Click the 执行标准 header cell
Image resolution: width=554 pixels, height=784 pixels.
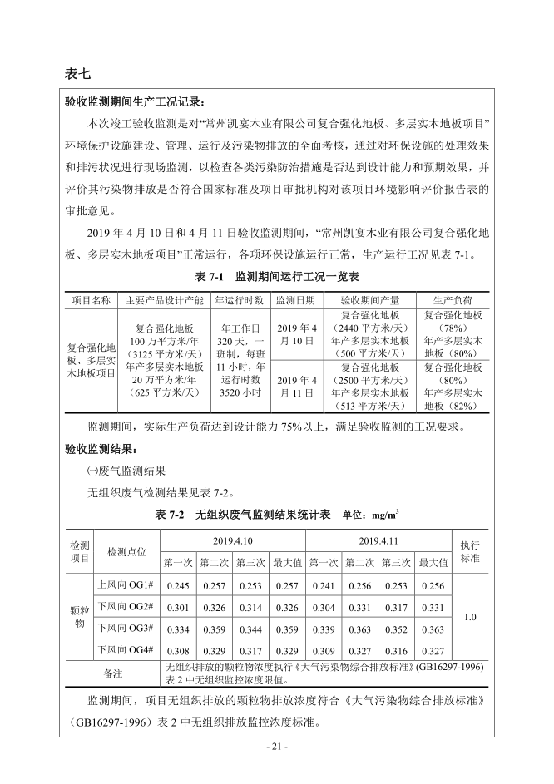tap(469, 551)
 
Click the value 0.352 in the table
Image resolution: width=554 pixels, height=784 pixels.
tap(396, 629)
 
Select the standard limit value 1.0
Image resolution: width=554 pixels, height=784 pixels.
tap(469, 617)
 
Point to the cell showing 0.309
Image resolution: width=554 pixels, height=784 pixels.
tap(323, 650)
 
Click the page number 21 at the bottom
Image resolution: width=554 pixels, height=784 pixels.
tap(277, 747)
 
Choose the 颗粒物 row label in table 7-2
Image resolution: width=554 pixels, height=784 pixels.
tap(79, 617)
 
